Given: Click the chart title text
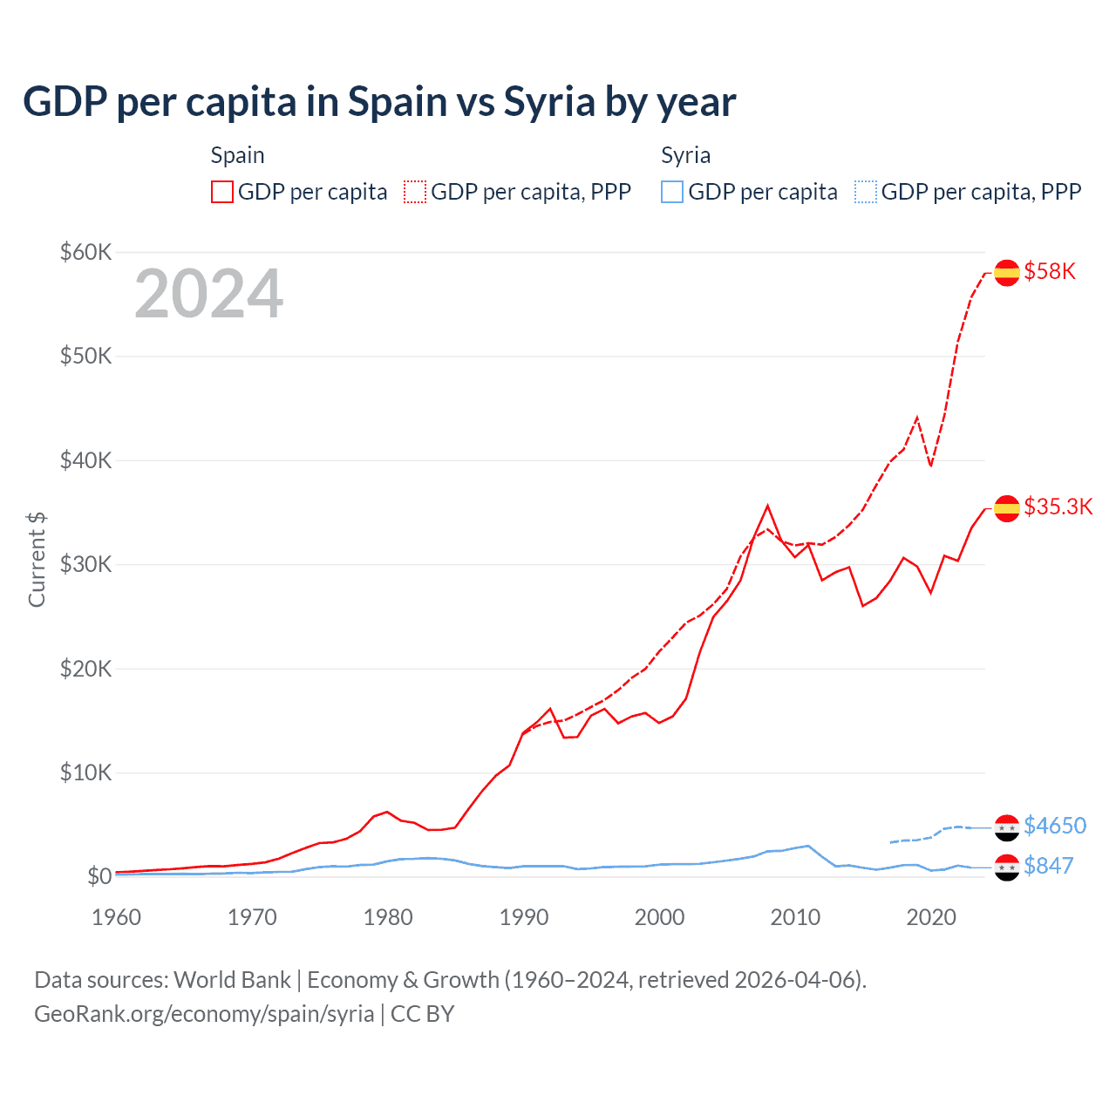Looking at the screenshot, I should [x=379, y=102].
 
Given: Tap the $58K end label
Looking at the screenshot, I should [x=1050, y=271].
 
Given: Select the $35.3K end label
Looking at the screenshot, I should [x=1058, y=507].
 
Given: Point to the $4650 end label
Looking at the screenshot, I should [x=1055, y=825].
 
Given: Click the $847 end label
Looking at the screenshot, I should [x=1048, y=866].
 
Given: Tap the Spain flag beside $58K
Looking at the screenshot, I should [x=1007, y=273].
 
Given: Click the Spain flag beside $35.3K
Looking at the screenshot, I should [x=1007, y=508].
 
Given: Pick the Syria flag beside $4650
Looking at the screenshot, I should [x=1007, y=827].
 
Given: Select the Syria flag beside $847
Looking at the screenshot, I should [x=1007, y=868].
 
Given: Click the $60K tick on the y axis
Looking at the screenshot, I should [x=85, y=252].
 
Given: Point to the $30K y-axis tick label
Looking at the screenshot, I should [x=85, y=564].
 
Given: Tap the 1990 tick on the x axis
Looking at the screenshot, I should [x=524, y=917].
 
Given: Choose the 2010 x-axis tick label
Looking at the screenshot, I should [x=795, y=917].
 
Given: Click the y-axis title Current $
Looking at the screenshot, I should [x=37, y=559].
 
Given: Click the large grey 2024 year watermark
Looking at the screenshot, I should [x=208, y=294].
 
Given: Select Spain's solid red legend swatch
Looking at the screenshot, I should [x=222, y=192].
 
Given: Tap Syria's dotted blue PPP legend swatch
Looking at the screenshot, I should [x=866, y=192].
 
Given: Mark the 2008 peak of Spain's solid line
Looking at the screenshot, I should [x=767, y=506].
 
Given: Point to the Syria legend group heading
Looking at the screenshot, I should [x=685, y=155].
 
